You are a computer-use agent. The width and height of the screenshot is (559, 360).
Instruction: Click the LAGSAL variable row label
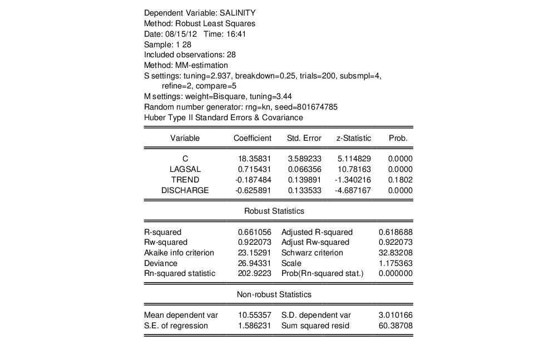pos(185,169)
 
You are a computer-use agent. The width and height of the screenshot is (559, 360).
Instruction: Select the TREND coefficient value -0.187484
pos(253,180)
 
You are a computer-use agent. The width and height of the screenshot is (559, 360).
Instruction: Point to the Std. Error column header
pos(304,138)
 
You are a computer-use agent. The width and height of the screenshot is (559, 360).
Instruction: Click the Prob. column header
pos(398,138)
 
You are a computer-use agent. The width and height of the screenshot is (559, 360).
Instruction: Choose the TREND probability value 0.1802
pos(400,180)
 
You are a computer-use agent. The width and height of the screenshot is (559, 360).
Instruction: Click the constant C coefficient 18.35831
pos(255,159)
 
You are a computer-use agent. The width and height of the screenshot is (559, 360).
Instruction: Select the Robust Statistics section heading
pos(274,211)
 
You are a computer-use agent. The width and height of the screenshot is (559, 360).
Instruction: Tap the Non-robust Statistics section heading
pos(274,294)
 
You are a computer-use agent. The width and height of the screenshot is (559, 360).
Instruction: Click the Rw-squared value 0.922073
pos(254,242)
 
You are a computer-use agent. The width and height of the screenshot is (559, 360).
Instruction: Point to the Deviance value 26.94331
pos(254,263)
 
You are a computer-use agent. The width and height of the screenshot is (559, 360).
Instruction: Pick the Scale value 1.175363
pos(395,263)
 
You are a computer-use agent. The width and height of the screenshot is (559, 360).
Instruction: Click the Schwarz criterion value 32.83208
pos(395,253)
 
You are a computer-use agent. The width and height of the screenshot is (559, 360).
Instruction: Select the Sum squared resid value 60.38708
pos(395,326)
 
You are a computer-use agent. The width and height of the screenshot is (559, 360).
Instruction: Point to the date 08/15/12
pos(181,34)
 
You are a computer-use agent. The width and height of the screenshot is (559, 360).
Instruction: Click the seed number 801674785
pos(315,107)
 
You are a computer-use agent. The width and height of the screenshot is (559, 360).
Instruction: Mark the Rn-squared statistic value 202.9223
pos(254,273)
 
